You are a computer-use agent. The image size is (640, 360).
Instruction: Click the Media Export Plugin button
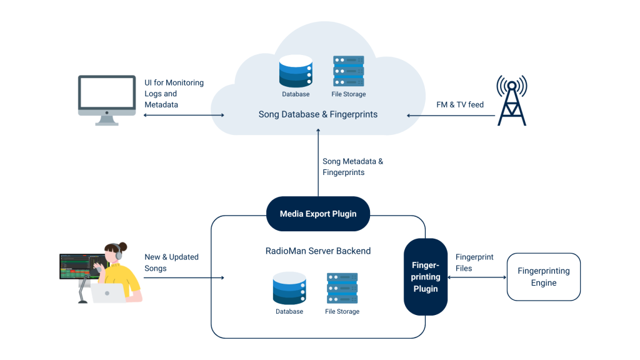(318, 214)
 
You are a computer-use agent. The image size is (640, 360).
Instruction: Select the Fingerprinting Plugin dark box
(425, 277)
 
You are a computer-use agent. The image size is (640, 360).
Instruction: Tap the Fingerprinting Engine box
(543, 277)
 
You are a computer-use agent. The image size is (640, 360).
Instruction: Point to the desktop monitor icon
(107, 99)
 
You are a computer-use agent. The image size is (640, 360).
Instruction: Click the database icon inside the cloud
(296, 71)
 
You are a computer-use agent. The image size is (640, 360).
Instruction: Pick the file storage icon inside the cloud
(348, 72)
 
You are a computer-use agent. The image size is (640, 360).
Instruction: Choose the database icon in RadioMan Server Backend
(289, 288)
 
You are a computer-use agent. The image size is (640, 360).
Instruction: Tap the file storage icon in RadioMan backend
(342, 288)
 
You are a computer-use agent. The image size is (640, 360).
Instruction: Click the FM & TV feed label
(459, 105)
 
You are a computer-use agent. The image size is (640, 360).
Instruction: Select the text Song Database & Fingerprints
(318, 115)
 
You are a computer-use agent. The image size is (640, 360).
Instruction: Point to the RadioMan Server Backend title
(318, 251)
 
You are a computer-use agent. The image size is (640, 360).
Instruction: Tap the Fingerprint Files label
(474, 262)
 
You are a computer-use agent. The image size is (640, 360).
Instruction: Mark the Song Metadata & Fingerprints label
(352, 166)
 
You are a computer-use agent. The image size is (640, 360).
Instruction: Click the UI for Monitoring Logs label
(174, 94)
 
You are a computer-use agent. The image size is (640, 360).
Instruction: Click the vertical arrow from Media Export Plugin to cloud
(318, 162)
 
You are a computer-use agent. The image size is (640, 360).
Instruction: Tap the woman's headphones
(118, 252)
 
